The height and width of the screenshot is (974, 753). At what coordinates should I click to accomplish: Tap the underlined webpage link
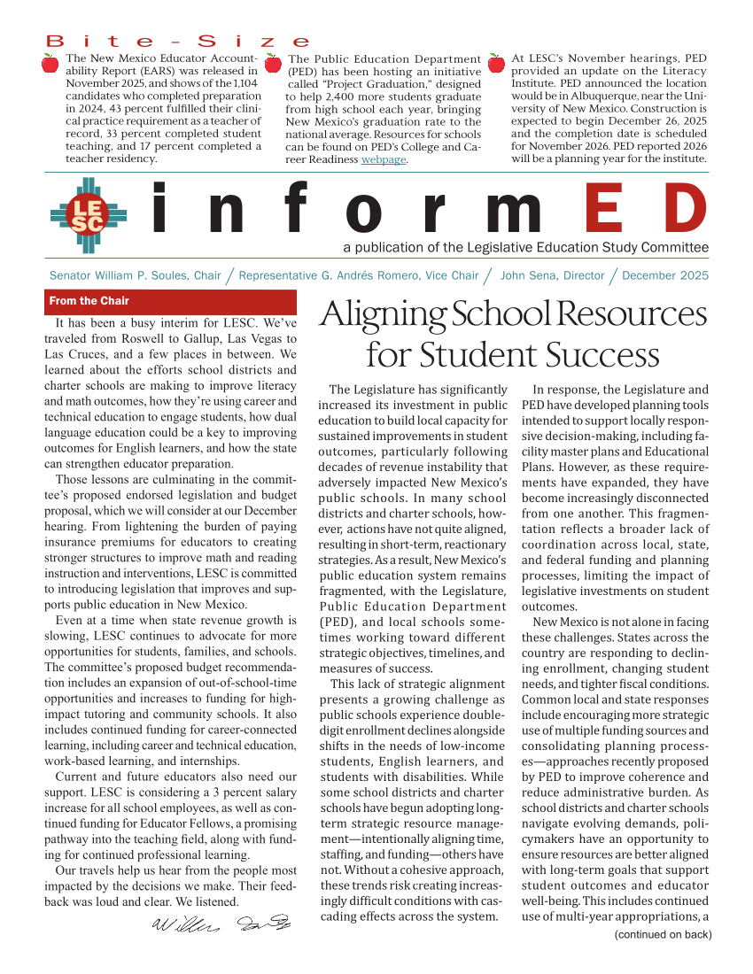383,159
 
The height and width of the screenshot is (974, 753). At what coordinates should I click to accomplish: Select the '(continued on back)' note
663,934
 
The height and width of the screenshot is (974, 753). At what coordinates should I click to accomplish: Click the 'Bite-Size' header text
178,42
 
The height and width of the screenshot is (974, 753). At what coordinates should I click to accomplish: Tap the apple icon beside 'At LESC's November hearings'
496,62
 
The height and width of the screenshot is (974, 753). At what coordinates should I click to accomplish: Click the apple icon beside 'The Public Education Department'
273,62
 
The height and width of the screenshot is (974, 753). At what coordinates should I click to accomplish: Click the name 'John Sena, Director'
552,275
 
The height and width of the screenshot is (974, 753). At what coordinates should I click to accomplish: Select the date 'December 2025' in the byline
665,275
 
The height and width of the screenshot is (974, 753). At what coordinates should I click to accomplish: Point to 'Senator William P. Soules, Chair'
135,275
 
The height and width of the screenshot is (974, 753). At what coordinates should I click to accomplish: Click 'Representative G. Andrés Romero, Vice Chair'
359,275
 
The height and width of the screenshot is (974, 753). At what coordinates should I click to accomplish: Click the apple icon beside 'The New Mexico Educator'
50,62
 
